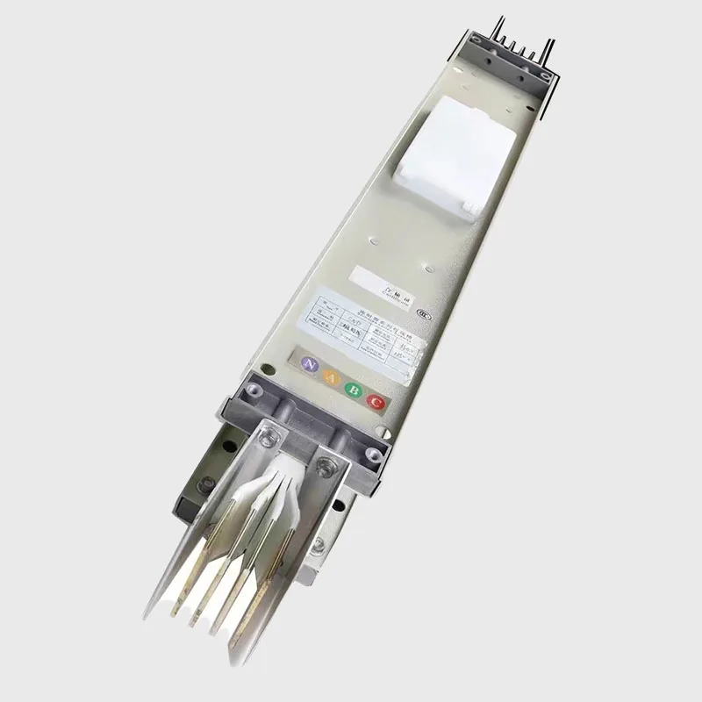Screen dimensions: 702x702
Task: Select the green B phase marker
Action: (x=353, y=390)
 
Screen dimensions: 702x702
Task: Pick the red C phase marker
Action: (x=376, y=403)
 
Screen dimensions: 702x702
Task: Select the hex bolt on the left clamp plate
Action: (x=269, y=433)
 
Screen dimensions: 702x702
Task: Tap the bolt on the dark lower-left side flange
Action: (x=209, y=484)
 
